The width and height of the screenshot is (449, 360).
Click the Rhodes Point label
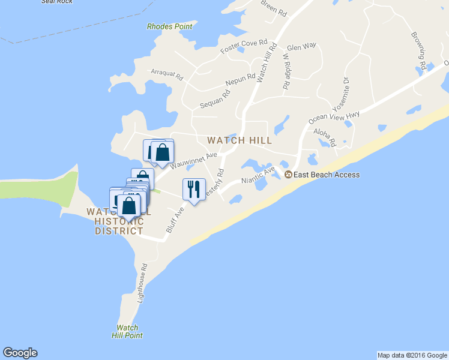(170, 27)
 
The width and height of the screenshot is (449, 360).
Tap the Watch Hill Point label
(127, 331)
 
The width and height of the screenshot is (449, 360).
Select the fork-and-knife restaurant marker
(194, 190)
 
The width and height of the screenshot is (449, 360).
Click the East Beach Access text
(327, 175)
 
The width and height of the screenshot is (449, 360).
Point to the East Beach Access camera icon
(288, 175)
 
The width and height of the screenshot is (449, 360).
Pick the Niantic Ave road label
(258, 176)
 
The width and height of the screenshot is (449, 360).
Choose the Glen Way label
(301, 47)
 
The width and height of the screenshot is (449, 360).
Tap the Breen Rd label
(274, 8)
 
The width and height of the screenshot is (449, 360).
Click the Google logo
(20, 353)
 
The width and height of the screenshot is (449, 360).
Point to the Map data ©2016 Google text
(412, 355)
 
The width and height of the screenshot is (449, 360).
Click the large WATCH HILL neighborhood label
(240, 140)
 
